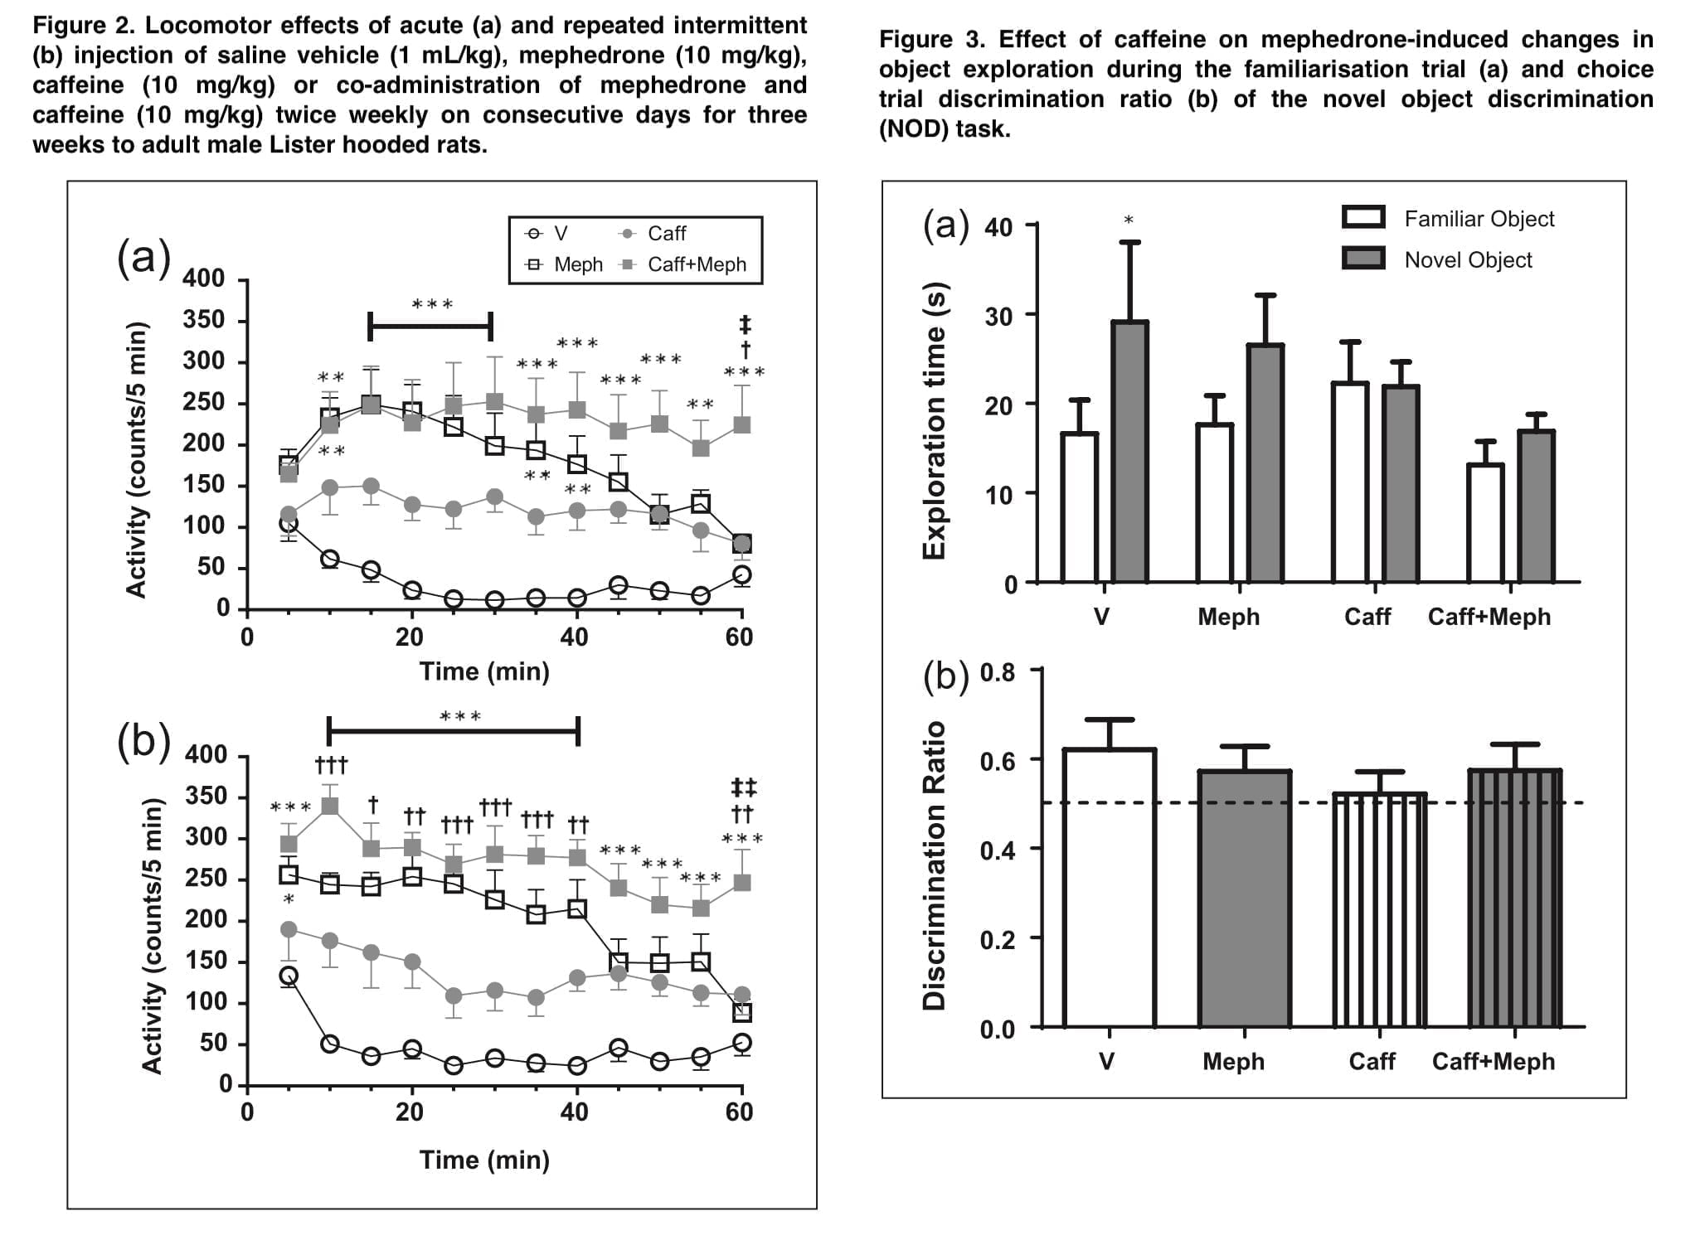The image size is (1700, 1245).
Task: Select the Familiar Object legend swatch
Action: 1363,217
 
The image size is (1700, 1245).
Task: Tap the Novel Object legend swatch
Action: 1363,259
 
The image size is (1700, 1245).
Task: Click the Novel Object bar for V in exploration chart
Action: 1129,452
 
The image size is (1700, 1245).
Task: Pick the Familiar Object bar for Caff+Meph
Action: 1484,523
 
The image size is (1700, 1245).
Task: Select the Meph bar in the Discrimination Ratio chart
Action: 1244,899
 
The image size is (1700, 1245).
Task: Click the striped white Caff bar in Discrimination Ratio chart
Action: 1379,910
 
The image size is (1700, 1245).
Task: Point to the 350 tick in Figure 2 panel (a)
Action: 204,320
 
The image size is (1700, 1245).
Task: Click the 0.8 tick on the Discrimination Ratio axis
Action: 998,671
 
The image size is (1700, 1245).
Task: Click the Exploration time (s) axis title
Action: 935,419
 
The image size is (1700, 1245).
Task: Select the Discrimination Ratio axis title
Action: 935,865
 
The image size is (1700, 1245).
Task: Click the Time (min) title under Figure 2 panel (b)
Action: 484,1160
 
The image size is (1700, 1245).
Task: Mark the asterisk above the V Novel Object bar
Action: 1129,220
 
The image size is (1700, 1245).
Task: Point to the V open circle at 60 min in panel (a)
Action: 742,574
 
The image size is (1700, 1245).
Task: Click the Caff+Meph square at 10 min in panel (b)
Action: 329,806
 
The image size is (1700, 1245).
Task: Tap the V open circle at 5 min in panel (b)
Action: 289,975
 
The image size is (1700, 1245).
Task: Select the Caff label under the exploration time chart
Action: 1367,617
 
